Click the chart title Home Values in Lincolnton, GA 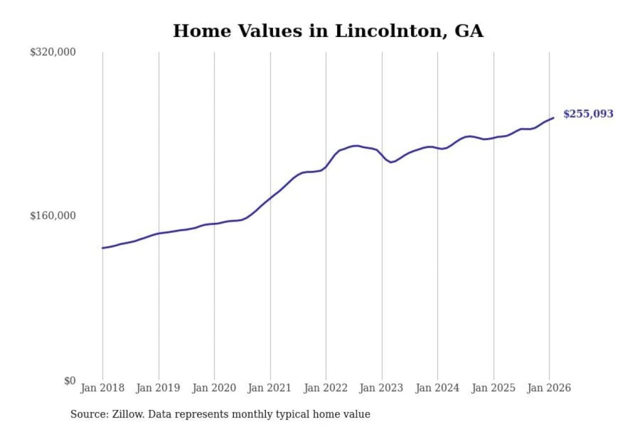coord(328,31)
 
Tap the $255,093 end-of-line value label coord(588,114)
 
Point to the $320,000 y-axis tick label coord(53,52)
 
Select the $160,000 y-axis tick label coord(53,216)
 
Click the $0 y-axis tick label coord(70,381)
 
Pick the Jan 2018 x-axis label coord(102,388)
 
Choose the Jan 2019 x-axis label coord(158,388)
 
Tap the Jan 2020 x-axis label coord(214,388)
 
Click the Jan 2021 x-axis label coord(269,388)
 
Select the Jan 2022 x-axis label coord(325,388)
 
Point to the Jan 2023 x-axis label coord(381,388)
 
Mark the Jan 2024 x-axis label coord(437,388)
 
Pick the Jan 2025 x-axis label coord(493,388)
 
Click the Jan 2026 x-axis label coord(549,388)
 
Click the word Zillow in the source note coord(128,414)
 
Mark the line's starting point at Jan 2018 coord(103,248)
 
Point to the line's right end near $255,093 coord(553,118)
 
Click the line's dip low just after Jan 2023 coord(391,162)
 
